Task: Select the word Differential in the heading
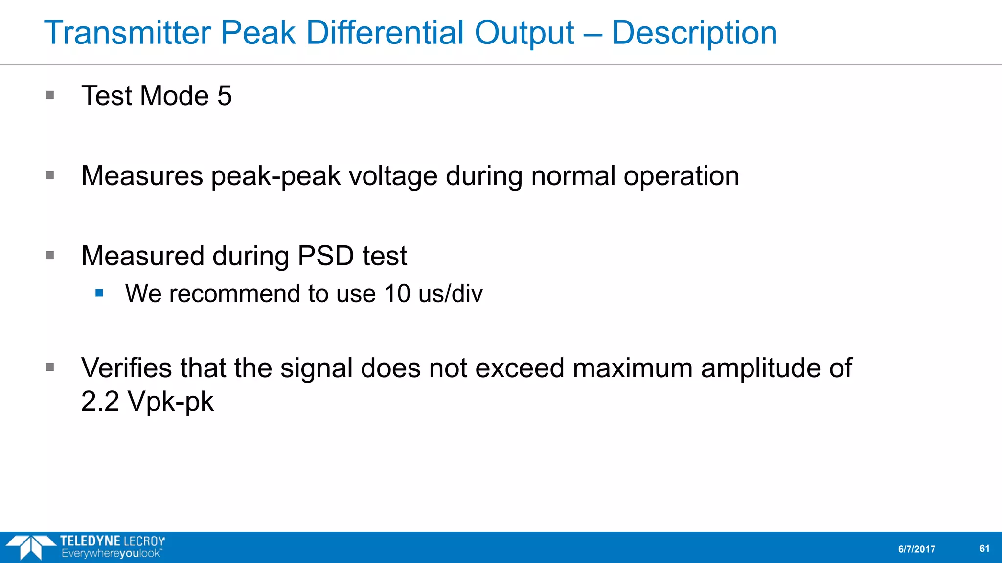click(385, 33)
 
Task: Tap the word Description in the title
click(694, 33)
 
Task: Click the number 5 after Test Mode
click(225, 95)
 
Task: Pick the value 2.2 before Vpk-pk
click(100, 402)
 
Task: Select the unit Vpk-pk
click(171, 402)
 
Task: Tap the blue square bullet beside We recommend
click(100, 293)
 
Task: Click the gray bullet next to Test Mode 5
click(50, 95)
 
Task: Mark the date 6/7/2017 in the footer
click(916, 549)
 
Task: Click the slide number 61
click(984, 549)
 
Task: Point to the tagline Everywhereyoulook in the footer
click(112, 554)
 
